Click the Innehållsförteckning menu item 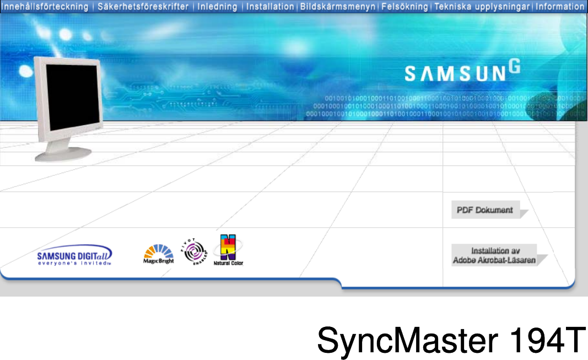point(45,7)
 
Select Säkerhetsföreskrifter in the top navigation point(143,7)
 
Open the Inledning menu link point(217,7)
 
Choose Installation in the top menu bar point(270,7)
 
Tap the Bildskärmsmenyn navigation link point(338,7)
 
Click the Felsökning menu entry point(403,7)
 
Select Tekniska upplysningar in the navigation point(482,7)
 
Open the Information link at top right point(560,7)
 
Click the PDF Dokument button point(485,209)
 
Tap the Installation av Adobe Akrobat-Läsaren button point(495,255)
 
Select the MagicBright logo point(159,254)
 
